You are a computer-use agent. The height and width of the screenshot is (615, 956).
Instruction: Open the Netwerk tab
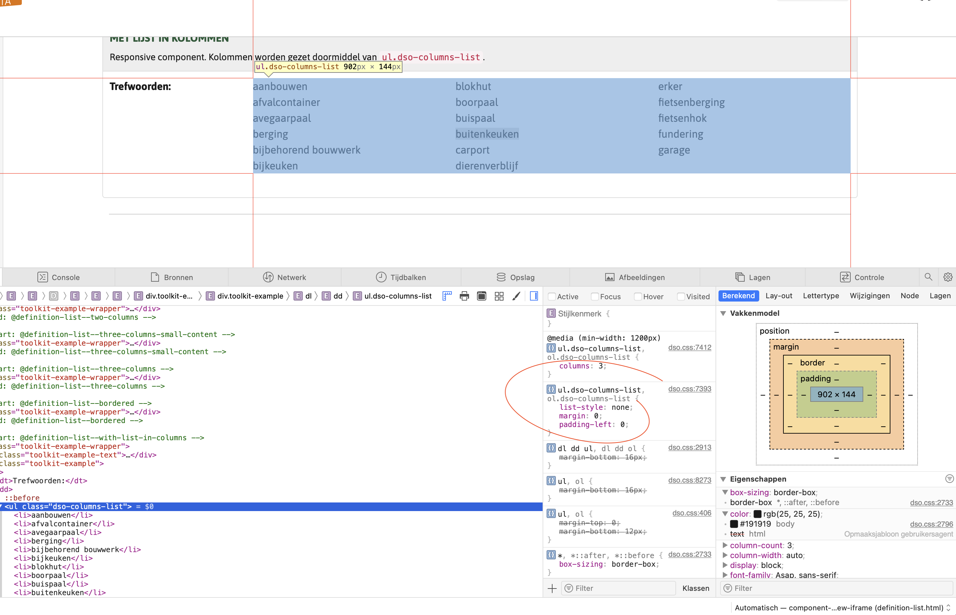coord(285,277)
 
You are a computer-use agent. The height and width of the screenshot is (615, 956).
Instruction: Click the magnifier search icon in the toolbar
coord(928,277)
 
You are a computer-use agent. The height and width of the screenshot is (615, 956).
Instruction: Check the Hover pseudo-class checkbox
coord(638,296)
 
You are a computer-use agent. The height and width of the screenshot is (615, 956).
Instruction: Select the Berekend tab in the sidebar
coord(738,296)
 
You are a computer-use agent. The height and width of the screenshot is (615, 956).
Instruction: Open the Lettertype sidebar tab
coord(821,296)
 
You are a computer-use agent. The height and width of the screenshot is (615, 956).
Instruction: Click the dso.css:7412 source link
coord(689,348)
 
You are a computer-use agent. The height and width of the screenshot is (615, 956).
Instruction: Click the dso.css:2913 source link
coord(689,447)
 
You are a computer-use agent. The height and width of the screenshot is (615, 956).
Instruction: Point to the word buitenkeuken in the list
coord(487,134)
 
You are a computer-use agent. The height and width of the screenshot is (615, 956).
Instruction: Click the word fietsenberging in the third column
coord(691,102)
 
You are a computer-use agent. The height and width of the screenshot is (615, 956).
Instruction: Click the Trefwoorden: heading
coord(140,87)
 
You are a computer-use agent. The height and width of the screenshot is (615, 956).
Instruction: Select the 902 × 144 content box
coord(836,394)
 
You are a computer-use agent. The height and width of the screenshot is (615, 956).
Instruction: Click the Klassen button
coord(695,588)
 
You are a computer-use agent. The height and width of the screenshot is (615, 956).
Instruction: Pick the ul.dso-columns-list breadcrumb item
coord(398,296)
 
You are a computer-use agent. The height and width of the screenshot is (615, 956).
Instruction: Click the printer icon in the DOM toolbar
coord(464,296)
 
